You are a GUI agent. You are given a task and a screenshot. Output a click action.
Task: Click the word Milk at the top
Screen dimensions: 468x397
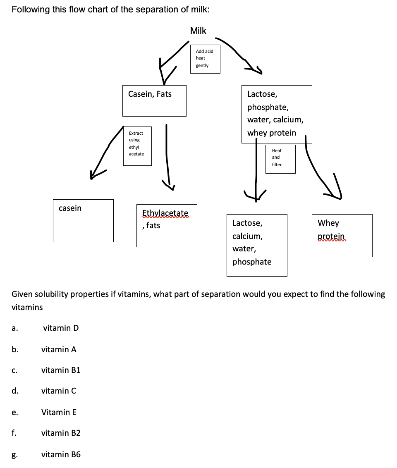[x=198, y=31]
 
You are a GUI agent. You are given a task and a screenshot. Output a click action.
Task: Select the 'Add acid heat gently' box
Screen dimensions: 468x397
[x=205, y=59]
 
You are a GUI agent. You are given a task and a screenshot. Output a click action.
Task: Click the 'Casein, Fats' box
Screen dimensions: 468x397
[x=154, y=100]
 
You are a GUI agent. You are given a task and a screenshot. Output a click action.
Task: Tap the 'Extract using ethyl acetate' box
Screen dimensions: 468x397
[x=137, y=146]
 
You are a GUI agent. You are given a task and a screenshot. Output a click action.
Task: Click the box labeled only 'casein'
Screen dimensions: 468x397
[x=83, y=220]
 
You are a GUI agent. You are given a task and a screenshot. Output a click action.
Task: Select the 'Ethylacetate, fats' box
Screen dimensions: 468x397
[x=167, y=225]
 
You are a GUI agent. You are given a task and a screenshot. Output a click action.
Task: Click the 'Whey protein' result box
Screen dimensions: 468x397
[x=342, y=235]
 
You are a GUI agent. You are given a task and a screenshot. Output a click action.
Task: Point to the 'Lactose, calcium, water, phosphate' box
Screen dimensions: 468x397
[x=257, y=245]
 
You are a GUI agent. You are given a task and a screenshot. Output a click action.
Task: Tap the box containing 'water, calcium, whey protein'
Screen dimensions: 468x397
[x=277, y=114]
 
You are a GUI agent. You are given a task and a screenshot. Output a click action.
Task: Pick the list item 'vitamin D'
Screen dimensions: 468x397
[x=61, y=328]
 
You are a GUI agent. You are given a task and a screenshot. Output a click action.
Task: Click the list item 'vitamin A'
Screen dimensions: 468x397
[x=59, y=349]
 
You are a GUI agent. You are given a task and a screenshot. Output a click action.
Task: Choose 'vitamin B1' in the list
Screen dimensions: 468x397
[x=61, y=370]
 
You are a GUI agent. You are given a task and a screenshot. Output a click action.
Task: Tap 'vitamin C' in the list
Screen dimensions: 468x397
[x=59, y=391]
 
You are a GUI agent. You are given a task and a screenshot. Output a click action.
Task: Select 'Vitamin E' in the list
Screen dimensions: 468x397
[x=59, y=412]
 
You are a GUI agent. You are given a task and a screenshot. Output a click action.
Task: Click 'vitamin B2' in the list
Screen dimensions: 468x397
[x=61, y=433]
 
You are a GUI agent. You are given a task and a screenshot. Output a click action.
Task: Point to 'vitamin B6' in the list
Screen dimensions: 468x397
[x=61, y=454]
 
